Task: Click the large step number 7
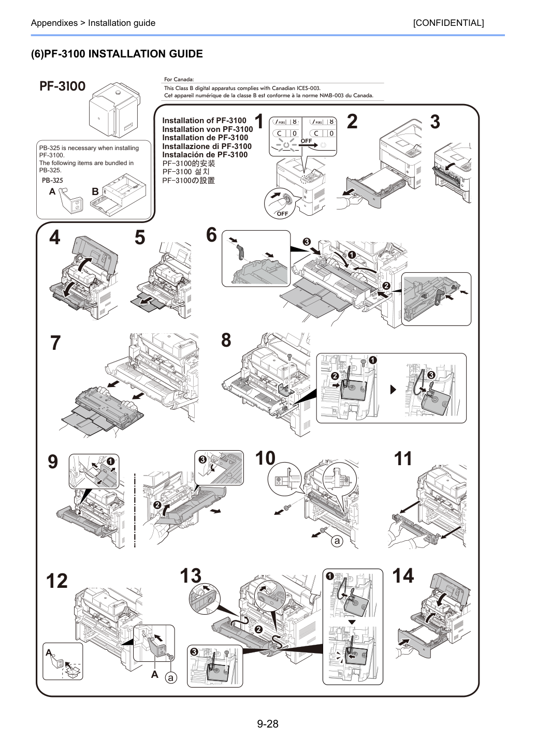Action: point(55,343)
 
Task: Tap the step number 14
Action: point(403,576)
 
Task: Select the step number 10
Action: point(265,458)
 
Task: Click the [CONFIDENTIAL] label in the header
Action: point(448,23)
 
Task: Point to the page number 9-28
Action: point(268,723)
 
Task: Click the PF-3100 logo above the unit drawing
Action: point(63,86)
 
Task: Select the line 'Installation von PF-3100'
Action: point(207,129)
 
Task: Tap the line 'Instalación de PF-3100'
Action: point(205,155)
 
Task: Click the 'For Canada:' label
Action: point(179,79)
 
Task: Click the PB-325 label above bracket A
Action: point(52,180)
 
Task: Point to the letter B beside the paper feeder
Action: point(95,191)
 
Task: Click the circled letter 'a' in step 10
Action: point(337,541)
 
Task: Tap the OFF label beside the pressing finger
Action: point(282,214)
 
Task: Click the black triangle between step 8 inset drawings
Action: point(393,390)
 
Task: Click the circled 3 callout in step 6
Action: point(307,242)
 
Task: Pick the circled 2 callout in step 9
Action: point(157,505)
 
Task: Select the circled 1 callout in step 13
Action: point(330,576)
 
